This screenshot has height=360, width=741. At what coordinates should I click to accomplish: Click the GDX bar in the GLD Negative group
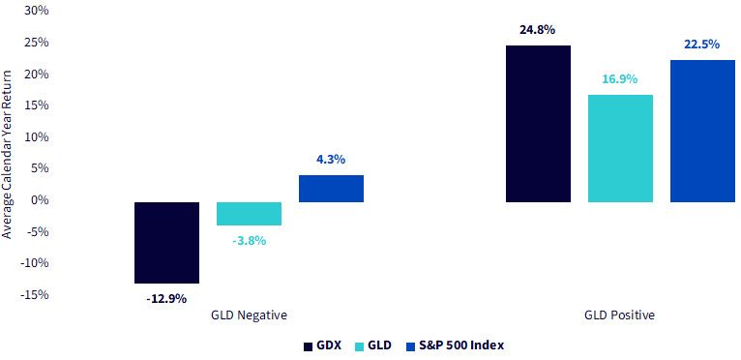166,243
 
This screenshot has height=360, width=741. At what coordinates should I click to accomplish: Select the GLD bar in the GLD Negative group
249,214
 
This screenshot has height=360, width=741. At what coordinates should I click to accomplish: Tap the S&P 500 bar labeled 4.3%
331,189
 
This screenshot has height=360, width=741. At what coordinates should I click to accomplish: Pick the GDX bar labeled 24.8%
538,124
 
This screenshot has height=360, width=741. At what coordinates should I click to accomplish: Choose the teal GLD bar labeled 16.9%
620,148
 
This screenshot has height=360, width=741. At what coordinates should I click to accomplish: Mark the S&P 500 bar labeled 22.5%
702,131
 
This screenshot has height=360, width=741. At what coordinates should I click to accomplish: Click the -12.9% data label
166,299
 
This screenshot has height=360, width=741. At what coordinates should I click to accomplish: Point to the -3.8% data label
249,241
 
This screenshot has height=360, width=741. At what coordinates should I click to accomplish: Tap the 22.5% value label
701,45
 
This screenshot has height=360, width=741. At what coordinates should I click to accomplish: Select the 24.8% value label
537,30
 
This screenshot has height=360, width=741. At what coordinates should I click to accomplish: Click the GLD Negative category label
249,315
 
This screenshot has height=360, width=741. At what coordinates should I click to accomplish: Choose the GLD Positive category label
620,315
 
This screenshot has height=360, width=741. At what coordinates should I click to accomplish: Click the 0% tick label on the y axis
42,200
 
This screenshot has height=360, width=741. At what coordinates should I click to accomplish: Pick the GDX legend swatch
308,346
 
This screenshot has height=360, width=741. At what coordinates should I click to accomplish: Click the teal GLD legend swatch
358,346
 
